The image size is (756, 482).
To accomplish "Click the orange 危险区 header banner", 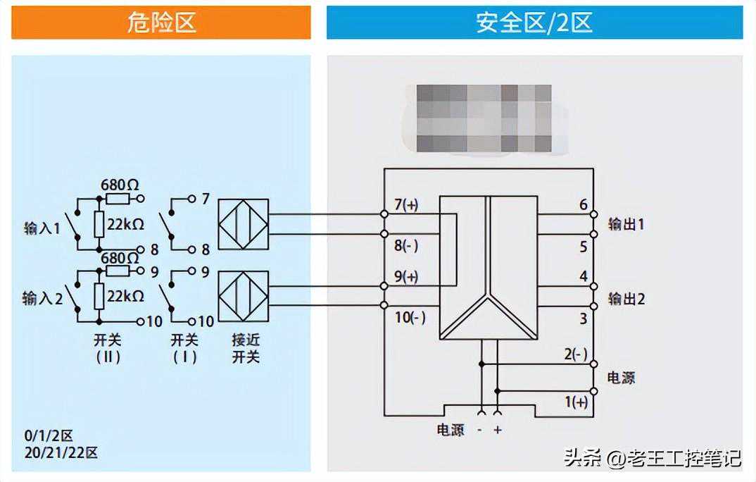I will (161, 23).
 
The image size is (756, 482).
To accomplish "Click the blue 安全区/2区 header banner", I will (534, 23).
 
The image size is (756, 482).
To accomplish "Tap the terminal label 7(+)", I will (406, 205).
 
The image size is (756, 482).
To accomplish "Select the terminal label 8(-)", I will (406, 246).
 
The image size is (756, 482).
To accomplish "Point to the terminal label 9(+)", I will (406, 277).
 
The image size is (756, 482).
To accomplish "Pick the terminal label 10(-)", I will (410, 317).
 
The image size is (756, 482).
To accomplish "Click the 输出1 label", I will (626, 225).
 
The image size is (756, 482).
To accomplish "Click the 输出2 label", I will (626, 298).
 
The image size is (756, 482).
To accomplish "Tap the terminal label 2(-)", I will (576, 354).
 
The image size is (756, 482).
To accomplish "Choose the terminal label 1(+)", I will (576, 402).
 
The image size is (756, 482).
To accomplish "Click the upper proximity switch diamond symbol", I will (243, 224).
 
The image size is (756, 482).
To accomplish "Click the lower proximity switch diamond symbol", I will (243, 296).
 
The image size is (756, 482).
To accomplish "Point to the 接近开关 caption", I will (246, 348).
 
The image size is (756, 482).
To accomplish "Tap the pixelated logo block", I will (484, 118).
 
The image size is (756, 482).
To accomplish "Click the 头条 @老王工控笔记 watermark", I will (652, 458).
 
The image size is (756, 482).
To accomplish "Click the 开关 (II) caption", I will (107, 348).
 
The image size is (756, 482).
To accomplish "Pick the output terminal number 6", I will (583, 205).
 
